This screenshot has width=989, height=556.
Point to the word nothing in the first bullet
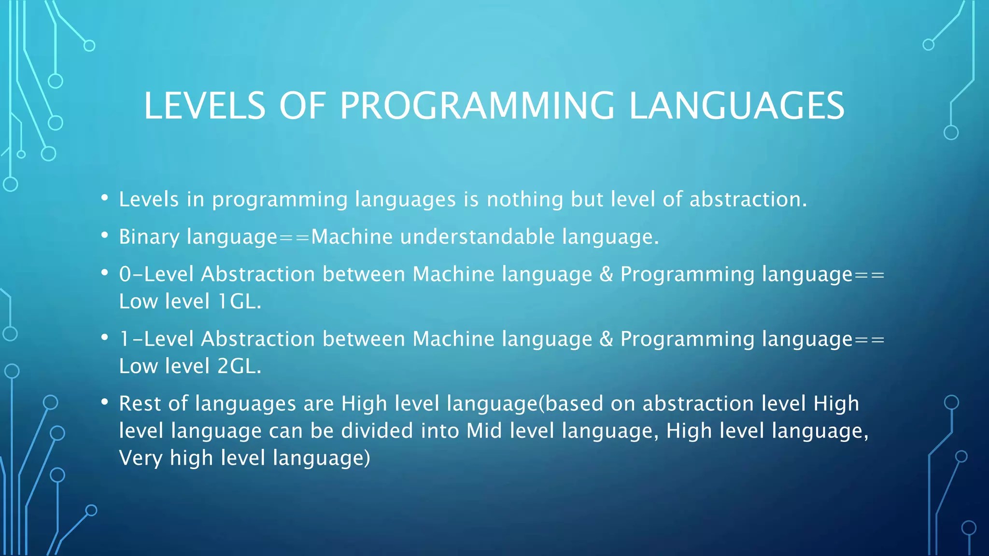525,200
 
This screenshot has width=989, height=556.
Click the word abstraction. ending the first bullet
748,199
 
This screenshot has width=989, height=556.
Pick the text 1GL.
240,302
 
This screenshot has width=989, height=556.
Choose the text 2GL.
240,366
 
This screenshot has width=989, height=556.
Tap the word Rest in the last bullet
140,403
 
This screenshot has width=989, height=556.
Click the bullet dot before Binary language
105,235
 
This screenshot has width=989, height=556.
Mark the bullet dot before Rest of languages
105,402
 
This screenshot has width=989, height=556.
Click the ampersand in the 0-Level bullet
607,274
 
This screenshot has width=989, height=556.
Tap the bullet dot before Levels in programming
105,198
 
